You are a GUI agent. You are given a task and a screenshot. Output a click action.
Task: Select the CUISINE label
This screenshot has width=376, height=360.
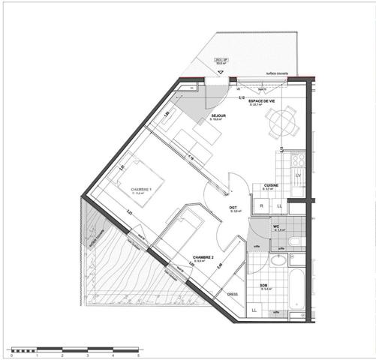point(272,184)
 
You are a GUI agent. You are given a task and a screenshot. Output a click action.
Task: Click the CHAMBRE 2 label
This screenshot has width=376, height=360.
point(203,256)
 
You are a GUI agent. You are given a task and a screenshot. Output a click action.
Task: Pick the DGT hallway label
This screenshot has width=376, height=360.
point(233,207)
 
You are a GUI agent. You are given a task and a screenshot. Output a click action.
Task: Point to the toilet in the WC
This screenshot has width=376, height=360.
point(293,241)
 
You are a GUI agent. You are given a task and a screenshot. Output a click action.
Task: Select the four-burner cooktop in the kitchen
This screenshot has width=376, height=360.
point(296,160)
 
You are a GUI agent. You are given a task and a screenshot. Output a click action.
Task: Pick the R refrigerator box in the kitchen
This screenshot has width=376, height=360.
point(262,205)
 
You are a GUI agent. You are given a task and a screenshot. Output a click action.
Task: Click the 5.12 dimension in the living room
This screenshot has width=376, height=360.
point(242,98)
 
